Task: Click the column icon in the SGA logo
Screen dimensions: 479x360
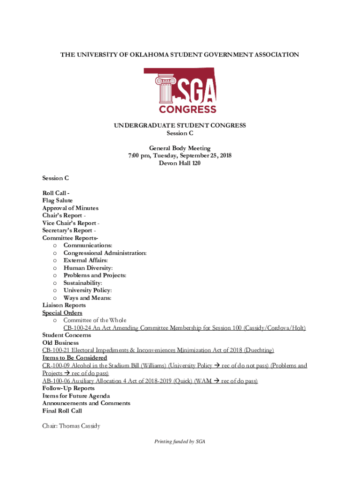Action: [166, 91]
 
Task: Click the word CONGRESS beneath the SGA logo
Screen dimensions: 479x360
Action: [187, 109]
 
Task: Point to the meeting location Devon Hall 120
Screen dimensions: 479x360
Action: [180, 163]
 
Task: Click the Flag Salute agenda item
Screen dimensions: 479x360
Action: [58, 201]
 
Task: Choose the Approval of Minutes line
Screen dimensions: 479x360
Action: [70, 208]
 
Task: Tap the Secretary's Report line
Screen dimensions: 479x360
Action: [69, 231]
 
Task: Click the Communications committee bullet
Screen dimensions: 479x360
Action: [87, 246]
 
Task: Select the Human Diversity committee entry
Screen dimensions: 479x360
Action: [88, 268]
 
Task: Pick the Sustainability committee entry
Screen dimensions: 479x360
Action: [83, 283]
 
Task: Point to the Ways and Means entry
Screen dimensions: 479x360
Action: [87, 298]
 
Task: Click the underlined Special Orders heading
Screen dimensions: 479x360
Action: [62, 313]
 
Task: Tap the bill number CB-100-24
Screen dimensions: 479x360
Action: [78, 328]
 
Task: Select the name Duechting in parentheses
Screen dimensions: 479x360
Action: [258, 350]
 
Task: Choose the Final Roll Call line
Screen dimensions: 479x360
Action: [62, 411]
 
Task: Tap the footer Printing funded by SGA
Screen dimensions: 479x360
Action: [180, 442]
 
